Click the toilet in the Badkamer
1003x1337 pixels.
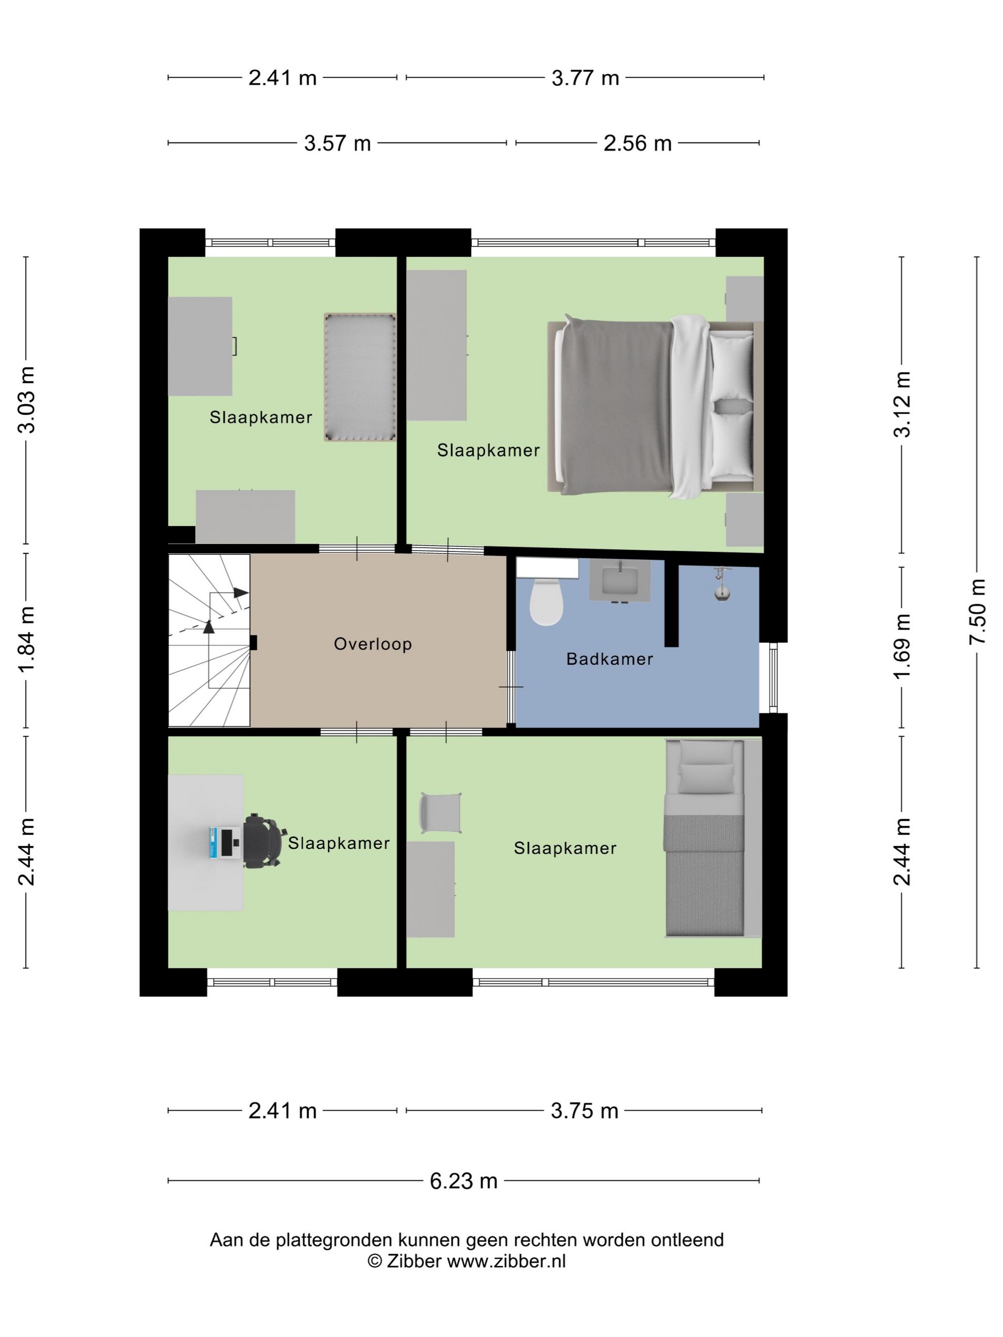click(545, 601)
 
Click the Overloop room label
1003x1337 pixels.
click(373, 644)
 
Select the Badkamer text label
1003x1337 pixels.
click(609, 659)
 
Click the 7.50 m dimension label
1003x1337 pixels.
click(977, 612)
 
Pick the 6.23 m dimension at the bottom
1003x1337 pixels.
click(463, 1180)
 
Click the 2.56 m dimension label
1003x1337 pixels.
click(637, 143)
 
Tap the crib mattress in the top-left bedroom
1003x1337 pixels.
click(360, 377)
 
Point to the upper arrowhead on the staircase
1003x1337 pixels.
click(241, 593)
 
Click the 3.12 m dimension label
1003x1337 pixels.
click(902, 404)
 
